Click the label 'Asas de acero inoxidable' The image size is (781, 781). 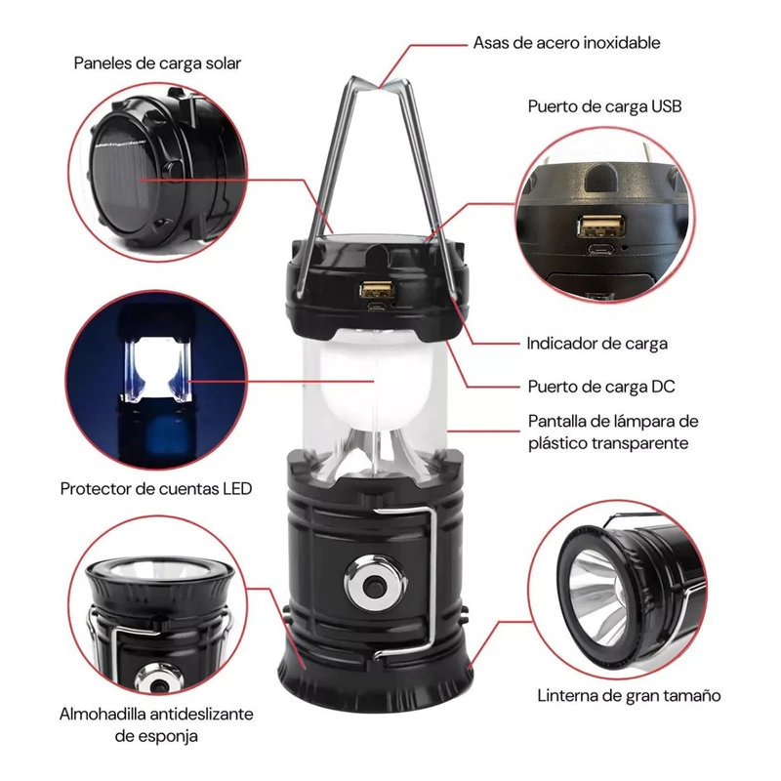tap(566, 43)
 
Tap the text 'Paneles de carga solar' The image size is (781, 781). tap(157, 63)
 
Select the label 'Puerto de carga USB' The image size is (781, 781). tap(604, 106)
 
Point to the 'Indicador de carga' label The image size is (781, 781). tap(597, 344)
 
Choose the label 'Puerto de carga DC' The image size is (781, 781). tap(601, 387)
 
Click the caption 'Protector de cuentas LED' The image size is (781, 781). tap(156, 489)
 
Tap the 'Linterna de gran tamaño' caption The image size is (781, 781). tap(629, 695)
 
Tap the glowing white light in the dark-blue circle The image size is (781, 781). tap(156, 369)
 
